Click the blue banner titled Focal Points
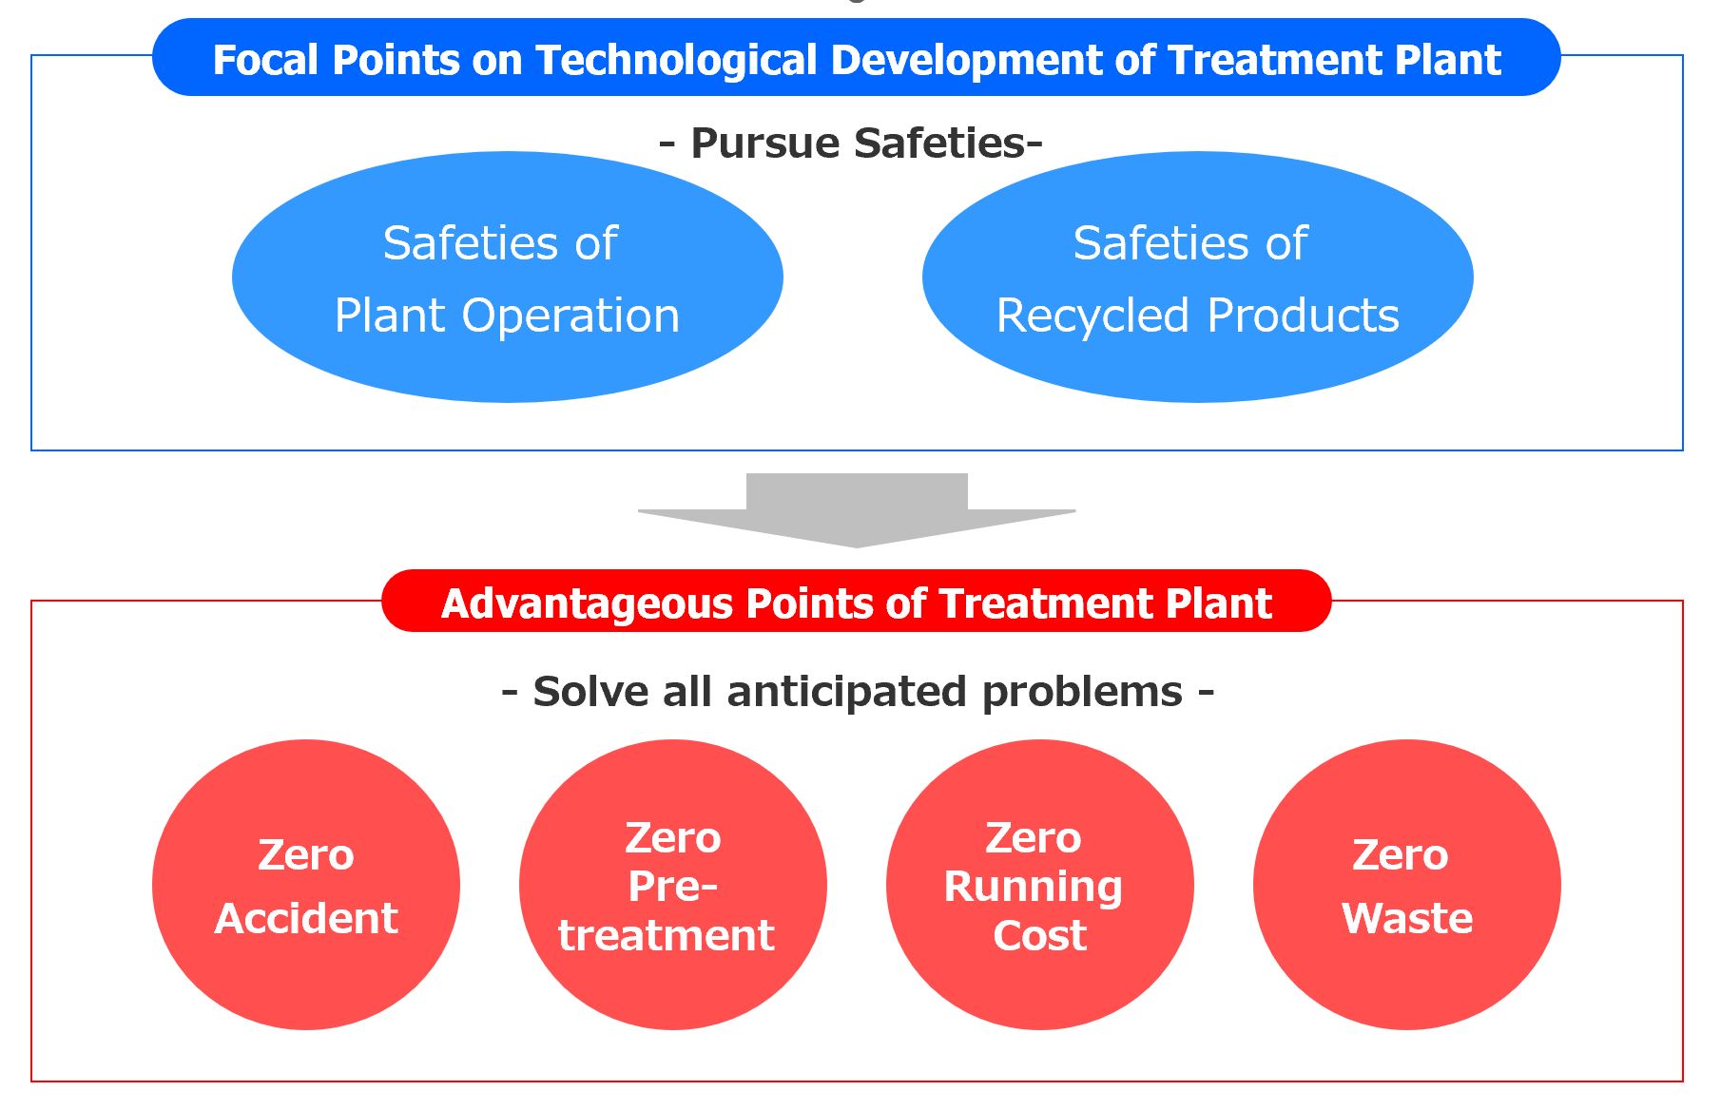[856, 57]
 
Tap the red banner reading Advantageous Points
[856, 601]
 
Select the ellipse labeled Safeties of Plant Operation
[508, 277]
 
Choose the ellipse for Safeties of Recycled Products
[1198, 277]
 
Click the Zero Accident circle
[306, 885]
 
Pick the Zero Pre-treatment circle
[673, 885]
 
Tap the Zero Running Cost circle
[1040, 885]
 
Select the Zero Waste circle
[1407, 885]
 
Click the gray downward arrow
[857, 510]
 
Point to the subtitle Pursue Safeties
[851, 143]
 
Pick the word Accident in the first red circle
[306, 918]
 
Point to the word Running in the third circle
[1034, 887]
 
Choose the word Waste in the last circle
[1407, 918]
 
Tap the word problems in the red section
[1082, 693]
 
